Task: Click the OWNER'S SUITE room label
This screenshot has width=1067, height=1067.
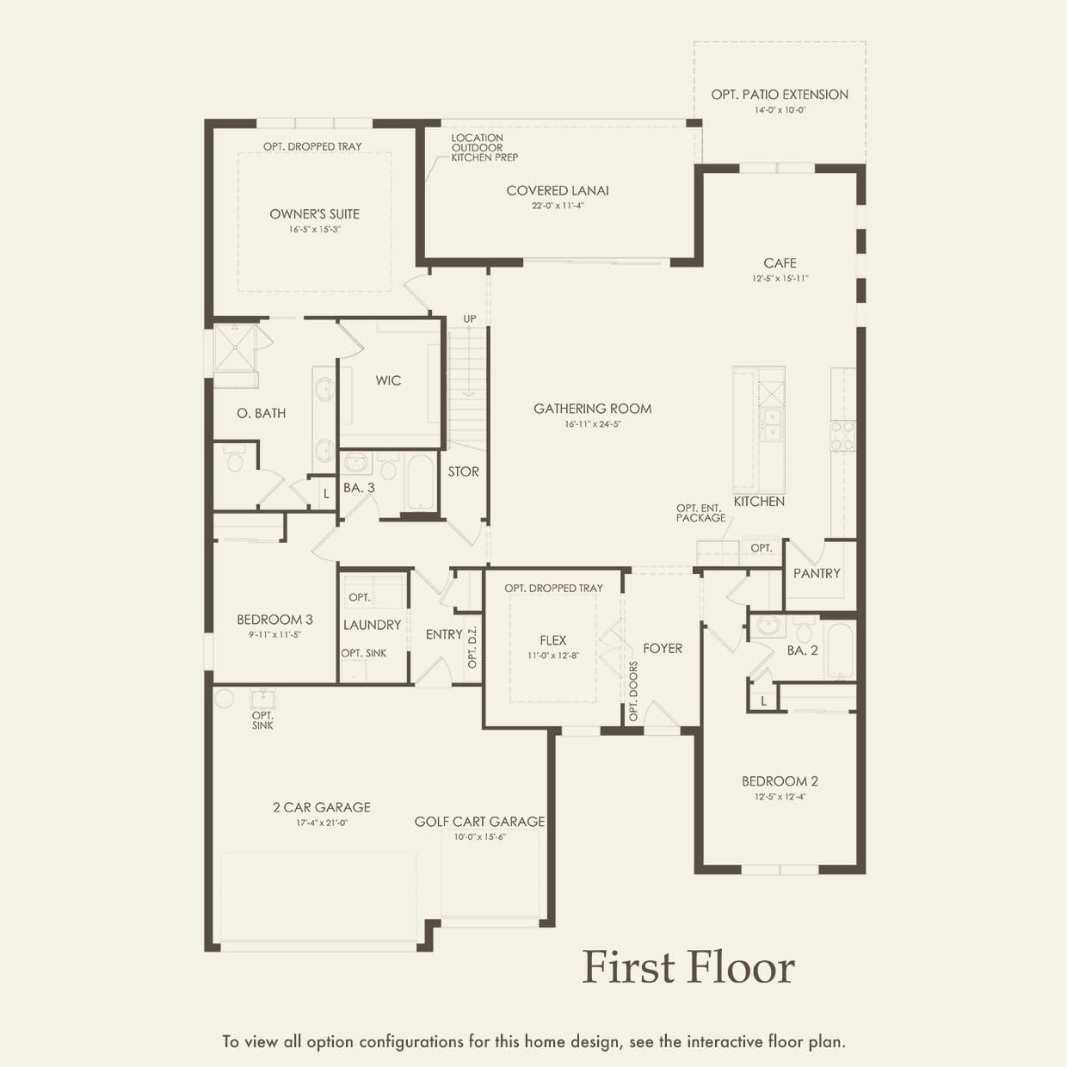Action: (x=315, y=214)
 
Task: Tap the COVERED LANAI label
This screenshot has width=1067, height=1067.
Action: (x=557, y=190)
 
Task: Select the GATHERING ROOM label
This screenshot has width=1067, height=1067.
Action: (x=593, y=409)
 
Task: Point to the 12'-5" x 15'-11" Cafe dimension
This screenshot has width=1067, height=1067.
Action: (x=780, y=279)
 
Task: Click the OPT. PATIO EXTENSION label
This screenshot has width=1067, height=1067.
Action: (x=780, y=95)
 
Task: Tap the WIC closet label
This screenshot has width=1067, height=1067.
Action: (x=388, y=380)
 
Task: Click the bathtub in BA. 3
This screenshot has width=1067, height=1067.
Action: (x=420, y=482)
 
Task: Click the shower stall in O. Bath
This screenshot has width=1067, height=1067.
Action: (x=236, y=348)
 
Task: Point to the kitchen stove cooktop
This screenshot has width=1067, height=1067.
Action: (x=842, y=435)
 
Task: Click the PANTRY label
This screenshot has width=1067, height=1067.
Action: (x=817, y=574)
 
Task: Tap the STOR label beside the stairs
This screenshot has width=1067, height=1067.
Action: (x=464, y=472)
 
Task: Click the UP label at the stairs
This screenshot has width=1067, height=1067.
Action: (x=470, y=319)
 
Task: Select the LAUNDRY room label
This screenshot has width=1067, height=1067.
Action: (x=372, y=625)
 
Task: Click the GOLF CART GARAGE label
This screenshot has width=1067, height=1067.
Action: (x=479, y=822)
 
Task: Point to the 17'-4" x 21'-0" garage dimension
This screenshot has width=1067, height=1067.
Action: (x=322, y=823)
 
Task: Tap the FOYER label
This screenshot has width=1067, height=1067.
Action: (x=663, y=649)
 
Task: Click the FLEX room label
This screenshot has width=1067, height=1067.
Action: (x=553, y=641)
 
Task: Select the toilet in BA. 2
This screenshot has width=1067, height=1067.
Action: (x=804, y=632)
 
